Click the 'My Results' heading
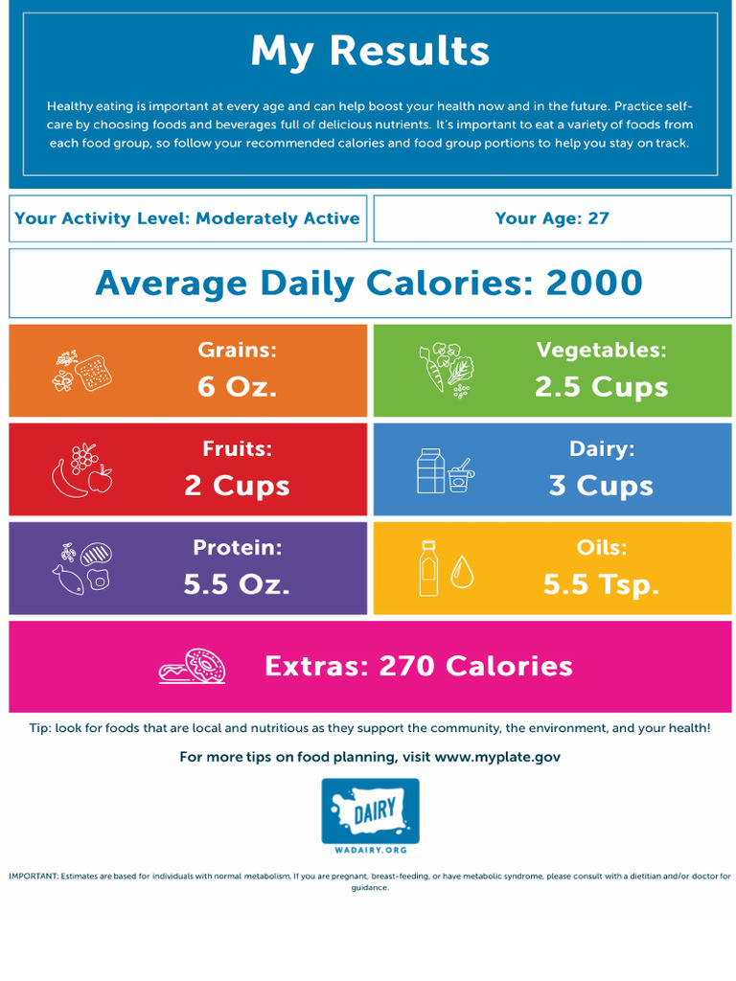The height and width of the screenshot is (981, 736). [x=369, y=52]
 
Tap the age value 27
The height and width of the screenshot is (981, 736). [x=598, y=218]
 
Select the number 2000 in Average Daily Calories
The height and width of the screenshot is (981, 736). [x=594, y=284]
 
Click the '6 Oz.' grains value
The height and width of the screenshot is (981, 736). [x=237, y=387]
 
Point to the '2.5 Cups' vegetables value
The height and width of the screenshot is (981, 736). [x=601, y=387]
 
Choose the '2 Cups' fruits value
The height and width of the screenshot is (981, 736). [x=237, y=486]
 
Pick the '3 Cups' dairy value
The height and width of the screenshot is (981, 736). [x=601, y=486]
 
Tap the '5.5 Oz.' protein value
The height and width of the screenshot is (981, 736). [x=237, y=584]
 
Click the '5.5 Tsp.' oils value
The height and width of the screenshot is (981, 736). [x=601, y=584]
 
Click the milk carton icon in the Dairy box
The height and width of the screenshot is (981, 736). [x=430, y=470]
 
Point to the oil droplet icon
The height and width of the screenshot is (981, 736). [x=462, y=572]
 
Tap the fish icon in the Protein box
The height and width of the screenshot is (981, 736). [x=68, y=579]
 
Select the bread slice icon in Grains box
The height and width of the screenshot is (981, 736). [x=94, y=372]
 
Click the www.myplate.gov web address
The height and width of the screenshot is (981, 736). [x=497, y=757]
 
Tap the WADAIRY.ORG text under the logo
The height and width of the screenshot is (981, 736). [x=370, y=850]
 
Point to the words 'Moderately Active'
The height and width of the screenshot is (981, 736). [x=277, y=218]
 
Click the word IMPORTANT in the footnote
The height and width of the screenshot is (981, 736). [x=33, y=876]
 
